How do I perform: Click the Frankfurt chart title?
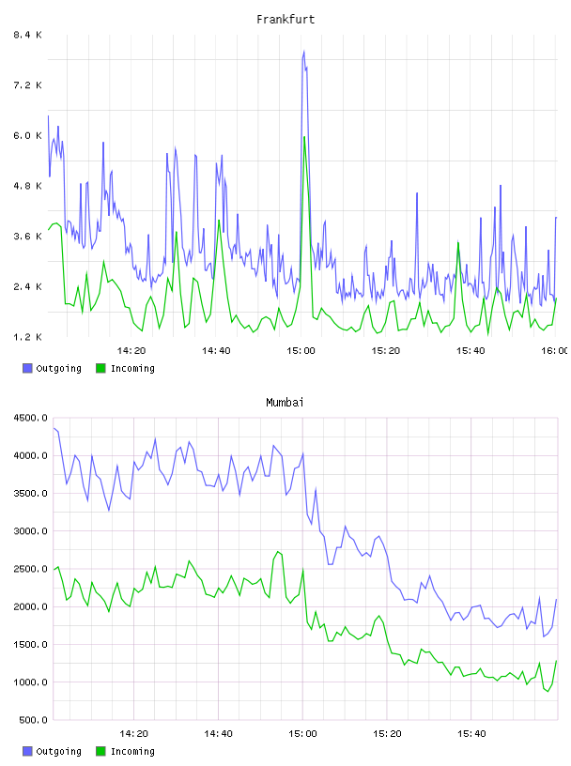285,20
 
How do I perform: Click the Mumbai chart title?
285,403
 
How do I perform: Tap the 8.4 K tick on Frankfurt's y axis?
27,35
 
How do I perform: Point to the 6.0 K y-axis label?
27,135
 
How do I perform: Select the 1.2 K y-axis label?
27,337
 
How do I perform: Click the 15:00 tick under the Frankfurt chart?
301,350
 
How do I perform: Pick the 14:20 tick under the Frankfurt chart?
131,350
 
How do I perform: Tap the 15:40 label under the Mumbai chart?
471,733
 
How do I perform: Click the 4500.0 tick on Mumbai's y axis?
30,418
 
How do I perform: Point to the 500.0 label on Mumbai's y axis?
33,720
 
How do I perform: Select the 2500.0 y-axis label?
30,569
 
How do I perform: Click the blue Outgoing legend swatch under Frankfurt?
27,368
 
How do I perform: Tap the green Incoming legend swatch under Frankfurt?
100,368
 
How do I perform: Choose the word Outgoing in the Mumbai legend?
58,751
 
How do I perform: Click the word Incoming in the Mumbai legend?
132,751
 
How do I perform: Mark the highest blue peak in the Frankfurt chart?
303,51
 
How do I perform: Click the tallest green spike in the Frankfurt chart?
304,137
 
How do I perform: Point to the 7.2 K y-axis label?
27,85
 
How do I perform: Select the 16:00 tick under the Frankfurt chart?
554,350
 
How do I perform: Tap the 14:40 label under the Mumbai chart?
218,733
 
